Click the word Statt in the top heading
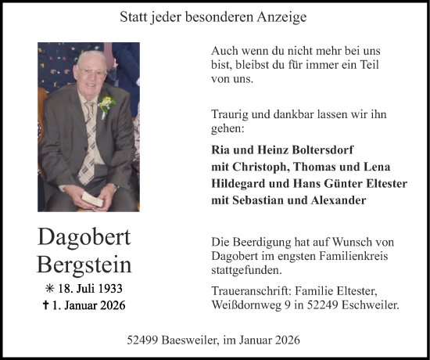[134, 16]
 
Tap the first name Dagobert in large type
[84, 237]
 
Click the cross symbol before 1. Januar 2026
[47, 306]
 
